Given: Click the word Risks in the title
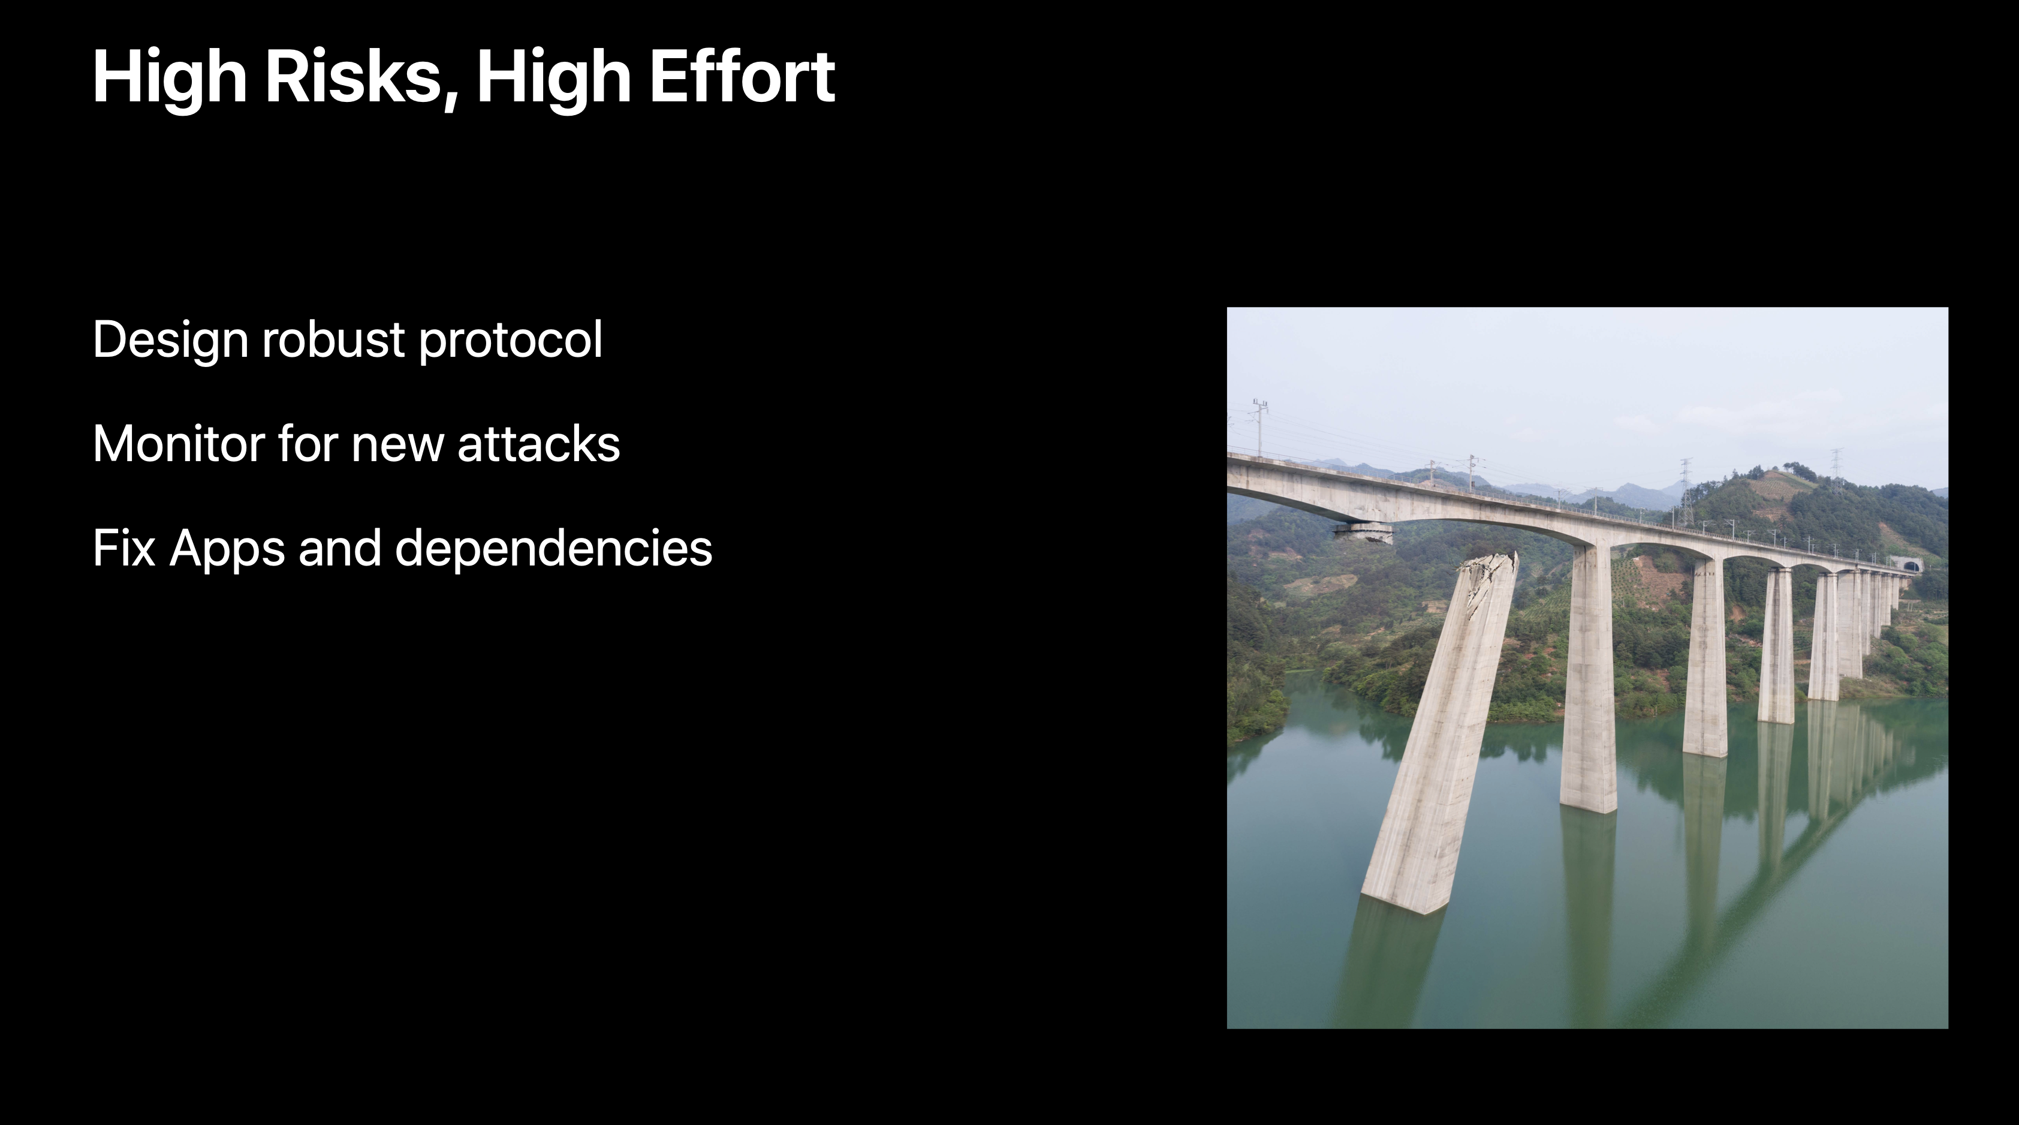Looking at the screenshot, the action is (x=352, y=76).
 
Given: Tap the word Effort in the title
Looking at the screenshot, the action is (x=742, y=76).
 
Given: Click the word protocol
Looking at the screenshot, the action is (x=510, y=340).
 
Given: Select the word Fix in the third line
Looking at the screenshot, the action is (x=125, y=548).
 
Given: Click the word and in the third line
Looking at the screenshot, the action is (x=340, y=548).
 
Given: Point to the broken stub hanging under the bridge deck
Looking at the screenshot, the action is (x=1363, y=531).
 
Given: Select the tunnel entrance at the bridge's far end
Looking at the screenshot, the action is (x=1906, y=564).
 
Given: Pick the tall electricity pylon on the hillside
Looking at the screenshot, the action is (x=1685, y=492).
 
